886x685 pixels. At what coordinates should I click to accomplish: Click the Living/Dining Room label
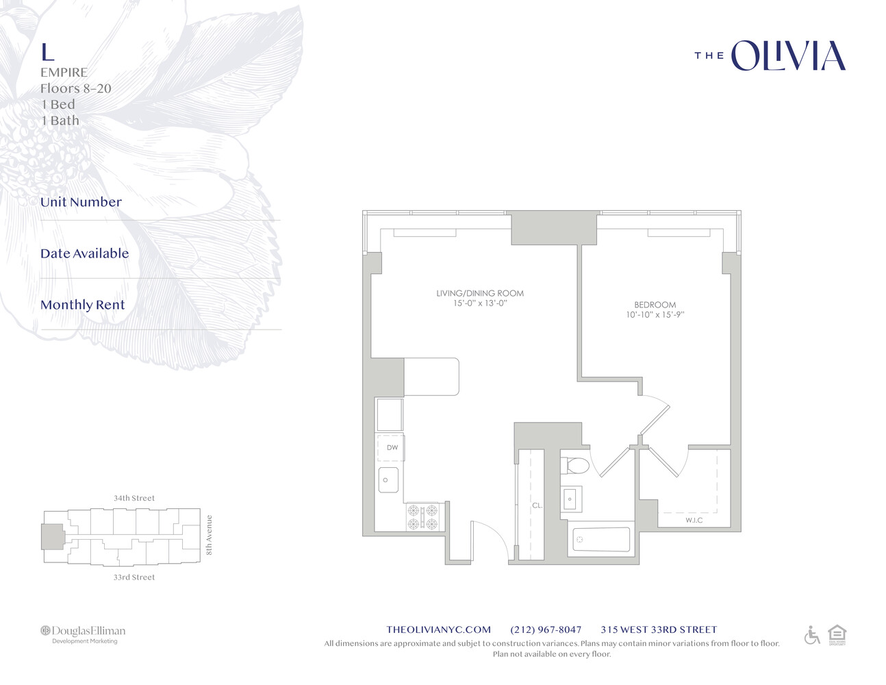point(479,293)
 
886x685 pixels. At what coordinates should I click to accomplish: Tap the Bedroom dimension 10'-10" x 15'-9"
point(655,315)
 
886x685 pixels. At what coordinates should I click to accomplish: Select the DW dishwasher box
point(392,448)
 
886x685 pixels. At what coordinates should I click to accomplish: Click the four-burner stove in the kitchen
point(422,517)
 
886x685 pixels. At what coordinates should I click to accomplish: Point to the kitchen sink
point(388,480)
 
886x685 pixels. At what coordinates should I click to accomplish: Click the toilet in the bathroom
point(575,466)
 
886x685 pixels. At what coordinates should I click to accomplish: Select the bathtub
point(600,540)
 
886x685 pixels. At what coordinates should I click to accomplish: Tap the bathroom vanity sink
point(571,499)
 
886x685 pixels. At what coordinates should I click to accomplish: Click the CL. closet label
point(537,506)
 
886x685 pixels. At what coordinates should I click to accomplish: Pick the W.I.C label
point(694,521)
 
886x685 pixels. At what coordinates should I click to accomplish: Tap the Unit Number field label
point(81,202)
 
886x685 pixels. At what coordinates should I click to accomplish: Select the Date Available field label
point(84,253)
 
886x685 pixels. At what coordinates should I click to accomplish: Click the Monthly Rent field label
point(82,305)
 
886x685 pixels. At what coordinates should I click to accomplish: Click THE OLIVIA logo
point(770,56)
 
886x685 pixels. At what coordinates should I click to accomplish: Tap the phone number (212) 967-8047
point(546,630)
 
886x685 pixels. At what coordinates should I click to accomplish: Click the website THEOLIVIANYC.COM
point(438,630)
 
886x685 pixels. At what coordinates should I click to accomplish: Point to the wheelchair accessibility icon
point(812,636)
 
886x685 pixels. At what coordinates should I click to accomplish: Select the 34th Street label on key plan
point(134,498)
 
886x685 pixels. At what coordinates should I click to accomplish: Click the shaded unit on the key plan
point(52,536)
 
